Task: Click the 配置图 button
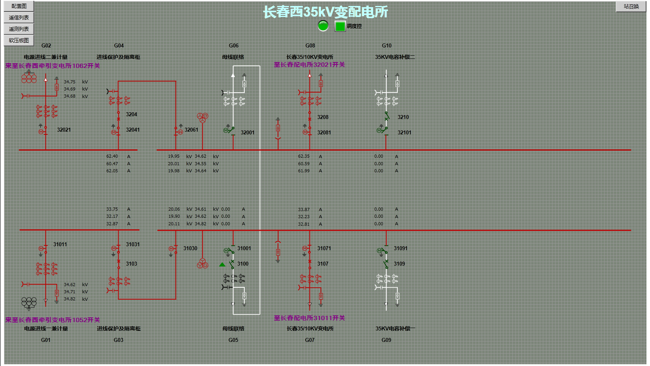[19, 6]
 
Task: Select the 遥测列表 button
[19, 29]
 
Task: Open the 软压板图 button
[19, 40]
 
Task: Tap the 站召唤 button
[631, 6]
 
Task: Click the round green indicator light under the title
[323, 26]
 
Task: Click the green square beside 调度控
[340, 26]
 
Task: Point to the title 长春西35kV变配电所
[325, 12]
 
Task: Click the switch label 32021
[64, 130]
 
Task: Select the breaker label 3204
[131, 114]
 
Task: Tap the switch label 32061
[191, 130]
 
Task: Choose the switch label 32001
[248, 132]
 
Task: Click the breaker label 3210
[403, 117]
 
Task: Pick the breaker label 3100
[243, 264]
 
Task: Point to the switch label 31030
[190, 248]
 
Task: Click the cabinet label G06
[234, 45]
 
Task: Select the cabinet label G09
[386, 340]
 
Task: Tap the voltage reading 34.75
[70, 82]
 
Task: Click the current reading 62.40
[112, 156]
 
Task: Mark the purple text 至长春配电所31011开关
[309, 318]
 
